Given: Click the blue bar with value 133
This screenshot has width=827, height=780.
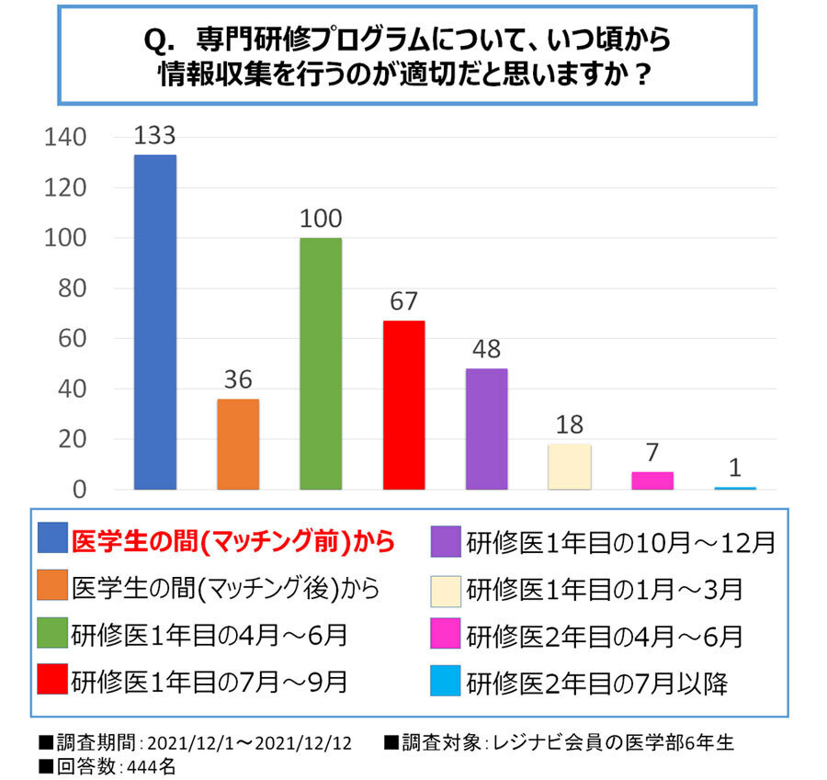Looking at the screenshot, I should click(x=155, y=322).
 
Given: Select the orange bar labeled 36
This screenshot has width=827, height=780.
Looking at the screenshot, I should click(x=238, y=444).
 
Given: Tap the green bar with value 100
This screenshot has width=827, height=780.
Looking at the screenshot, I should click(x=321, y=363).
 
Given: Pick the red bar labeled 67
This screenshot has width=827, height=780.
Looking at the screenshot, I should click(x=403, y=404).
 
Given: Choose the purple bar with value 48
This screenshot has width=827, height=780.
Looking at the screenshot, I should click(x=486, y=428).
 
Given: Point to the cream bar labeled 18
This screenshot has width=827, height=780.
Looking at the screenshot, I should click(x=570, y=466).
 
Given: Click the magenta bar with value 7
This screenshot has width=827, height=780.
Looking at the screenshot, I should click(x=652, y=480).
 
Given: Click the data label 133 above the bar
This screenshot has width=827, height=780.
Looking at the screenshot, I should click(x=154, y=136).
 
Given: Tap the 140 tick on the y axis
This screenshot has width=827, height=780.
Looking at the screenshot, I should click(x=66, y=138).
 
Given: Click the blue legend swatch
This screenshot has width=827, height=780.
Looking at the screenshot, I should click(x=52, y=539).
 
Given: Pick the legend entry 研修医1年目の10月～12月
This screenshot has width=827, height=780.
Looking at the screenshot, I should click(x=621, y=541).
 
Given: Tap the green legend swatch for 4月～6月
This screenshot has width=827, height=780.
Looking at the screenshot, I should click(x=52, y=635).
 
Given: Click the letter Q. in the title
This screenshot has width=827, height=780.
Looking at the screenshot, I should click(x=162, y=40).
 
